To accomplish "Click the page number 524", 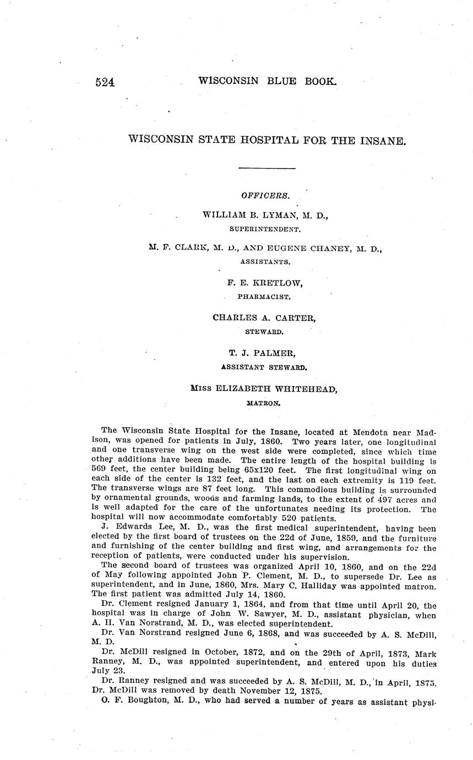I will point(105,83).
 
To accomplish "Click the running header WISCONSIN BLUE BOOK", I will point(267,81).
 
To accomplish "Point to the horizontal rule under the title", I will point(267,168).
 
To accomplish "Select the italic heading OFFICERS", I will point(265,195).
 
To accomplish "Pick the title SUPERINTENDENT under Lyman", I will point(264,228).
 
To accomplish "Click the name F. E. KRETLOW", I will point(265,283).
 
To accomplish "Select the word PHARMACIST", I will point(264,296).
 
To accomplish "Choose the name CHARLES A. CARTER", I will point(264,318).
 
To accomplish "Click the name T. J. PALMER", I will point(265,353).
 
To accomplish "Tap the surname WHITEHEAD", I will point(306,389).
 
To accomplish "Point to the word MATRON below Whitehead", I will point(264,403).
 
